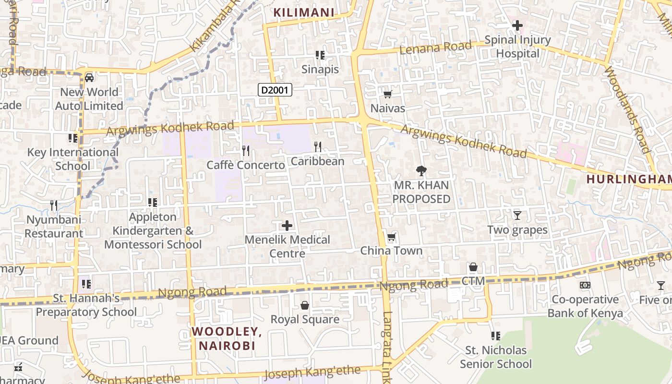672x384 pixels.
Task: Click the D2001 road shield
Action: click(x=275, y=90)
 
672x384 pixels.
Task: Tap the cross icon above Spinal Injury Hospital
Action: click(x=517, y=25)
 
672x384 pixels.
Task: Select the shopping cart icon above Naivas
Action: click(x=387, y=94)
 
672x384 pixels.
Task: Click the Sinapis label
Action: click(x=320, y=69)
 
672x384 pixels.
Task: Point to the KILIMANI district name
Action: click(x=303, y=13)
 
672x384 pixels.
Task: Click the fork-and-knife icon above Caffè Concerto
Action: click(x=246, y=151)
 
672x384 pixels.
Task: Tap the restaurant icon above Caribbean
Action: click(x=317, y=147)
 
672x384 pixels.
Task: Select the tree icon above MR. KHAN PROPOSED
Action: click(x=421, y=170)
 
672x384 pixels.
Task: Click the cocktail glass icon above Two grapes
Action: click(x=517, y=216)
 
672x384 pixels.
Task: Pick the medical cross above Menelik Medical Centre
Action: click(x=287, y=225)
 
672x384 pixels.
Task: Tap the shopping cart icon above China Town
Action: click(x=391, y=237)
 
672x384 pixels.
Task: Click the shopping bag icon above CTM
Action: click(x=473, y=267)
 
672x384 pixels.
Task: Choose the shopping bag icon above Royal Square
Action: click(x=304, y=305)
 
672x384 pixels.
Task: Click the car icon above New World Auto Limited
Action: click(x=89, y=78)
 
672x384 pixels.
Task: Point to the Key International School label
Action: click(x=72, y=159)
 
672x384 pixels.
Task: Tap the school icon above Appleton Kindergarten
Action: click(x=153, y=203)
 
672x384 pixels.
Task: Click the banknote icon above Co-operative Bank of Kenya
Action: click(x=585, y=285)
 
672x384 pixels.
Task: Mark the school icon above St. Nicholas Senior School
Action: click(x=495, y=336)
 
